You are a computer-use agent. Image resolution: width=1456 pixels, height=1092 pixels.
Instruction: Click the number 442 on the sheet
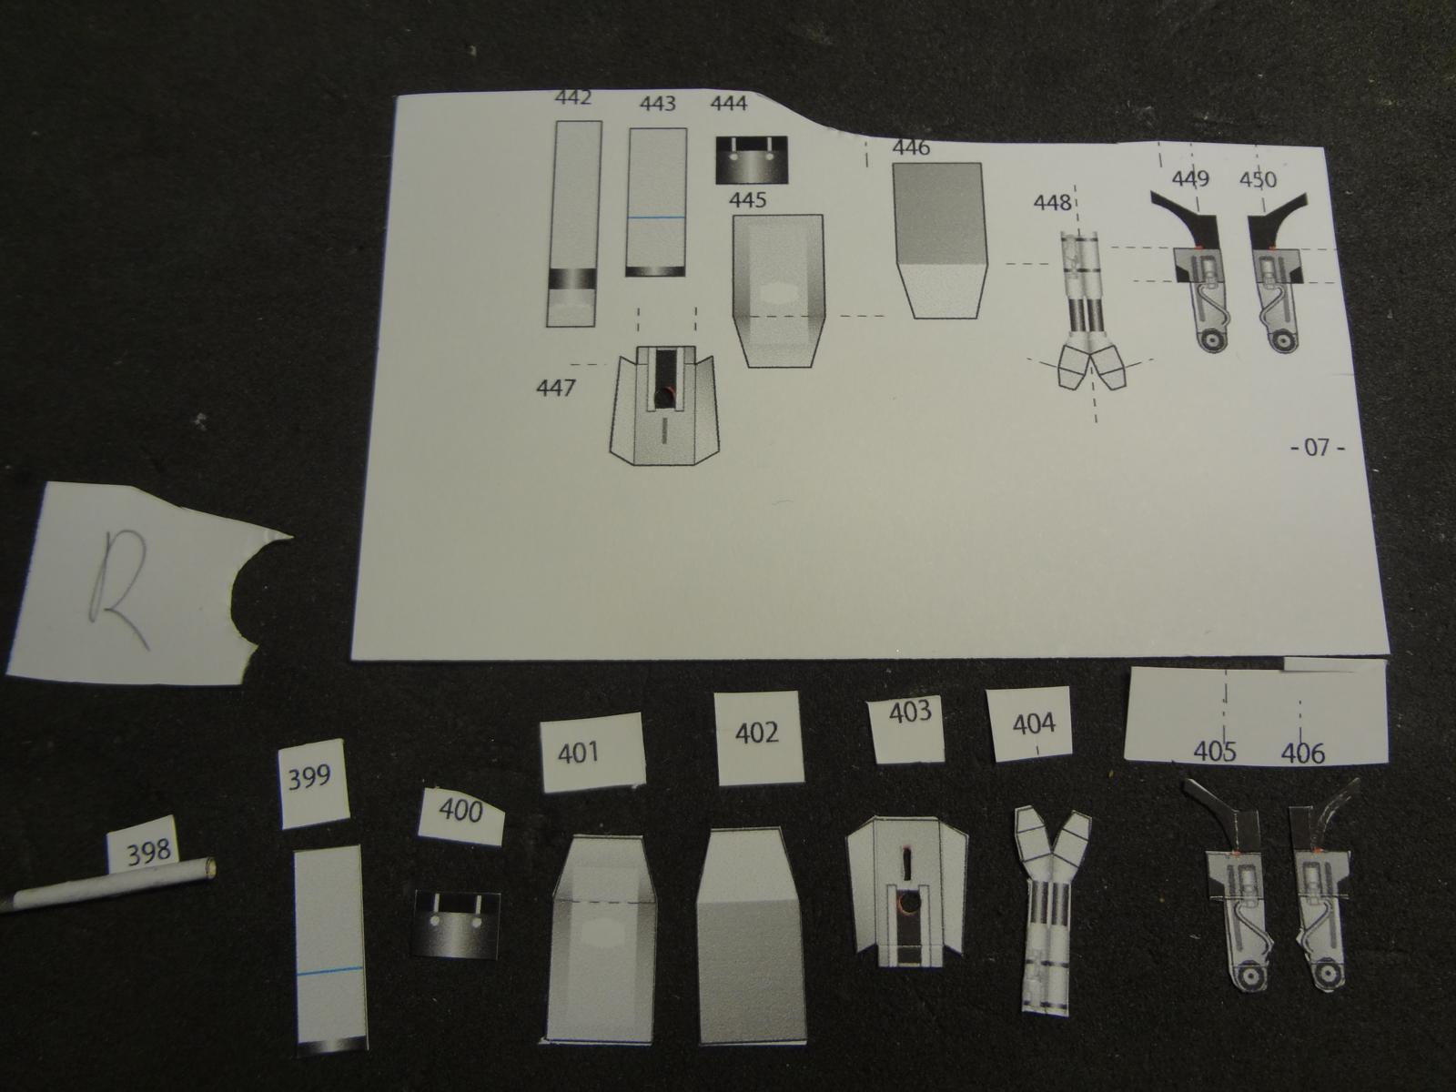click(x=573, y=97)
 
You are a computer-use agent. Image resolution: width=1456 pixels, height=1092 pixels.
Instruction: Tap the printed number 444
click(x=728, y=104)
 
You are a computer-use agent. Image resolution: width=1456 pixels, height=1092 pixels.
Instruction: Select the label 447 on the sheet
click(x=555, y=388)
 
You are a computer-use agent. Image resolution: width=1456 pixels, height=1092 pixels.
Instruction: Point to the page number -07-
click(x=1318, y=448)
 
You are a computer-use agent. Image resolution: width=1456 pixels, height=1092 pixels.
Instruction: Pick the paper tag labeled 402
click(x=758, y=737)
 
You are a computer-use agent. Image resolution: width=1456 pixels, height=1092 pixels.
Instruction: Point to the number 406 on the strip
click(x=1303, y=753)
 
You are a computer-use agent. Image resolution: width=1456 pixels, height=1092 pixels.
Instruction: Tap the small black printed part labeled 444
click(x=751, y=160)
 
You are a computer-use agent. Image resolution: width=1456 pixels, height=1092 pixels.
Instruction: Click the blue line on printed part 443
click(x=657, y=217)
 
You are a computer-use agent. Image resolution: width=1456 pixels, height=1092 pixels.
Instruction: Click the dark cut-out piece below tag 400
click(x=457, y=924)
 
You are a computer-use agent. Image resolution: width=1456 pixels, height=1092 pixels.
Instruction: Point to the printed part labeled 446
click(x=939, y=240)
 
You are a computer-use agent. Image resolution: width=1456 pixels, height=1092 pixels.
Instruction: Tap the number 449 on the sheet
click(x=1190, y=179)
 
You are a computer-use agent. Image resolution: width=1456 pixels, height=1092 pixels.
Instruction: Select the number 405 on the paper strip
click(x=1215, y=752)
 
